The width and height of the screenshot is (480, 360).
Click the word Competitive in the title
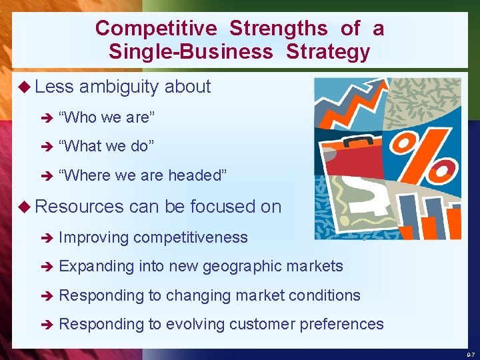pyautogui.click(x=156, y=29)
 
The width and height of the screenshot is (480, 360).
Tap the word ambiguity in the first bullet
pyautogui.click(x=119, y=87)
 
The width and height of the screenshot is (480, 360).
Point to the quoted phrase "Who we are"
pyautogui.click(x=107, y=118)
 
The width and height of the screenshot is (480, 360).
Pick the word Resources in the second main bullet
pyautogui.click(x=79, y=207)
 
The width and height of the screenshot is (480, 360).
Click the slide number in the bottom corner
pyautogui.click(x=471, y=355)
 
